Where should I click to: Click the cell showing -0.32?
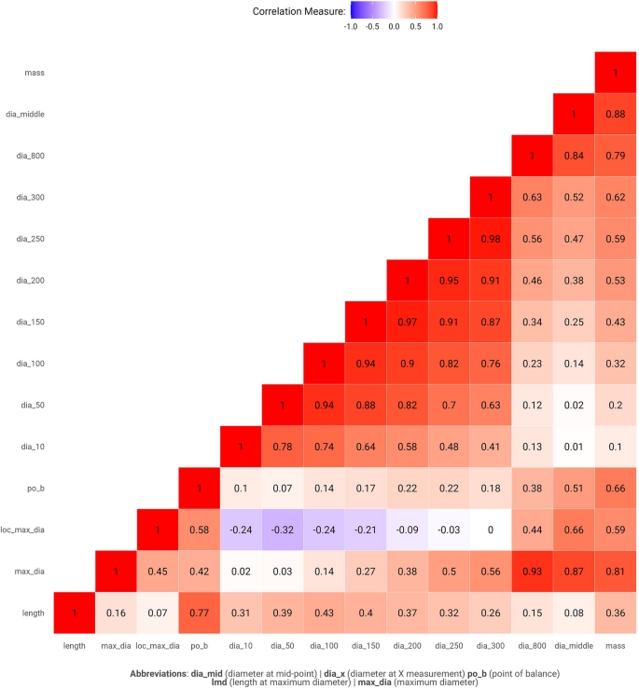point(283,530)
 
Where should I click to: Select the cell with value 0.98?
point(490,239)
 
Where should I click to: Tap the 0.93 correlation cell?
point(532,572)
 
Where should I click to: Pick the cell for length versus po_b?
point(200,613)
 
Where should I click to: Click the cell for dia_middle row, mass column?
point(615,114)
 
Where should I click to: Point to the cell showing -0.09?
point(407,530)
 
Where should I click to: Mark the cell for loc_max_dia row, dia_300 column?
point(490,530)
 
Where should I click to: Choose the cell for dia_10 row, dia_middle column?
point(573,447)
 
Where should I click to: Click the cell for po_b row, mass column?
point(615,489)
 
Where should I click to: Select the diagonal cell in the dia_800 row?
point(532,156)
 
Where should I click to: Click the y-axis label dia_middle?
point(25,114)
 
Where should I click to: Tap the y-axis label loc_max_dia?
point(23,530)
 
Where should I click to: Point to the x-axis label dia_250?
point(449,644)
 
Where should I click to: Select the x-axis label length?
point(75,644)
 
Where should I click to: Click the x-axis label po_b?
point(200,644)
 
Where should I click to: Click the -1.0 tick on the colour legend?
point(350,27)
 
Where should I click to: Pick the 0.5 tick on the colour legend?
point(415,27)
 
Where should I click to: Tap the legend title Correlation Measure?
point(299,11)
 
